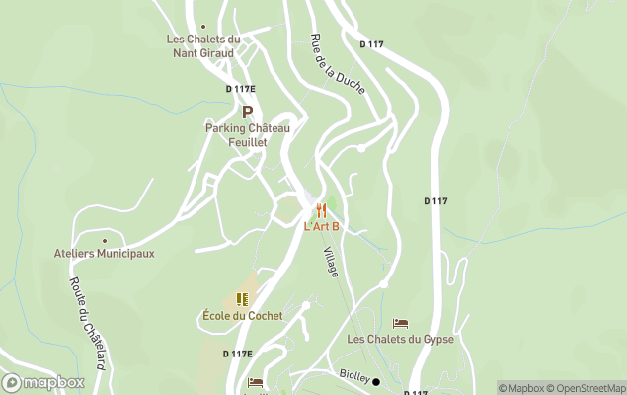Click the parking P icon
coord(247,113)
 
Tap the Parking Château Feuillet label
coord(248,135)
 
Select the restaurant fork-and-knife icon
coord(321,210)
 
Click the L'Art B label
coord(322,226)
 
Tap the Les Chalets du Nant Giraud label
coord(204,45)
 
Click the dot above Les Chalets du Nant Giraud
coord(203,27)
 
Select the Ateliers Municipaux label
coord(104,253)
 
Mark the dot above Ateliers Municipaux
coord(104,239)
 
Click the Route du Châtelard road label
coord(87,320)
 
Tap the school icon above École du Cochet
coord(242,299)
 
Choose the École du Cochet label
coord(242,316)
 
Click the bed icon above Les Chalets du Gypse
coord(400,323)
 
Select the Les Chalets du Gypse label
coord(400,339)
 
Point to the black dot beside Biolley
coord(376,381)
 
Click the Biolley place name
coord(353,377)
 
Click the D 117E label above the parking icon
coord(240,89)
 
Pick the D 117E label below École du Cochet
coord(237,354)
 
